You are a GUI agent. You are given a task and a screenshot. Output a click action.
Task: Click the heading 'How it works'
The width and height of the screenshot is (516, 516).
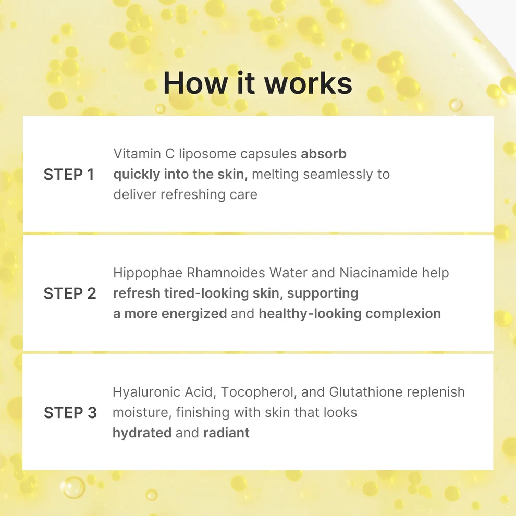tap(257, 83)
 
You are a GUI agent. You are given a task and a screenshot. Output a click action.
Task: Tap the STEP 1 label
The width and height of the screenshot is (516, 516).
tap(69, 175)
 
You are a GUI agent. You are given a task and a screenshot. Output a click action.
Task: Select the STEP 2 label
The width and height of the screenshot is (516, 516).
tap(70, 293)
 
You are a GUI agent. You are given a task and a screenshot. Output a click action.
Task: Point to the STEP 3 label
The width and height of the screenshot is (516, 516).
tap(70, 413)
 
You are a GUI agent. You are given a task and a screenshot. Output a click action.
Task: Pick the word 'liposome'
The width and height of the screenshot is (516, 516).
tap(207, 154)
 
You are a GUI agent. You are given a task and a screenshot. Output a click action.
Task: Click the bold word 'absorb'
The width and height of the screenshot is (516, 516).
tap(324, 154)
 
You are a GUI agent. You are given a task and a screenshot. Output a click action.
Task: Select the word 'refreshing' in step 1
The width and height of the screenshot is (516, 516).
tap(192, 194)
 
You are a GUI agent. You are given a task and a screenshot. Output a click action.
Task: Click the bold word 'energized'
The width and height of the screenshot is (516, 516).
tap(194, 314)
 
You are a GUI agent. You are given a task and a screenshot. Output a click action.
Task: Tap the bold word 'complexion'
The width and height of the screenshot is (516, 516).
tap(403, 314)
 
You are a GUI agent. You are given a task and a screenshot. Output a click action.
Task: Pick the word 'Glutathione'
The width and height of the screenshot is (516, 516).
tap(365, 392)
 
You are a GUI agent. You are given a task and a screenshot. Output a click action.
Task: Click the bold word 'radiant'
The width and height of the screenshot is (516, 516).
tap(226, 433)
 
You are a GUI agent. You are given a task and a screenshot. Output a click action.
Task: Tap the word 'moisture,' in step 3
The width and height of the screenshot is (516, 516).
tap(142, 413)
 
